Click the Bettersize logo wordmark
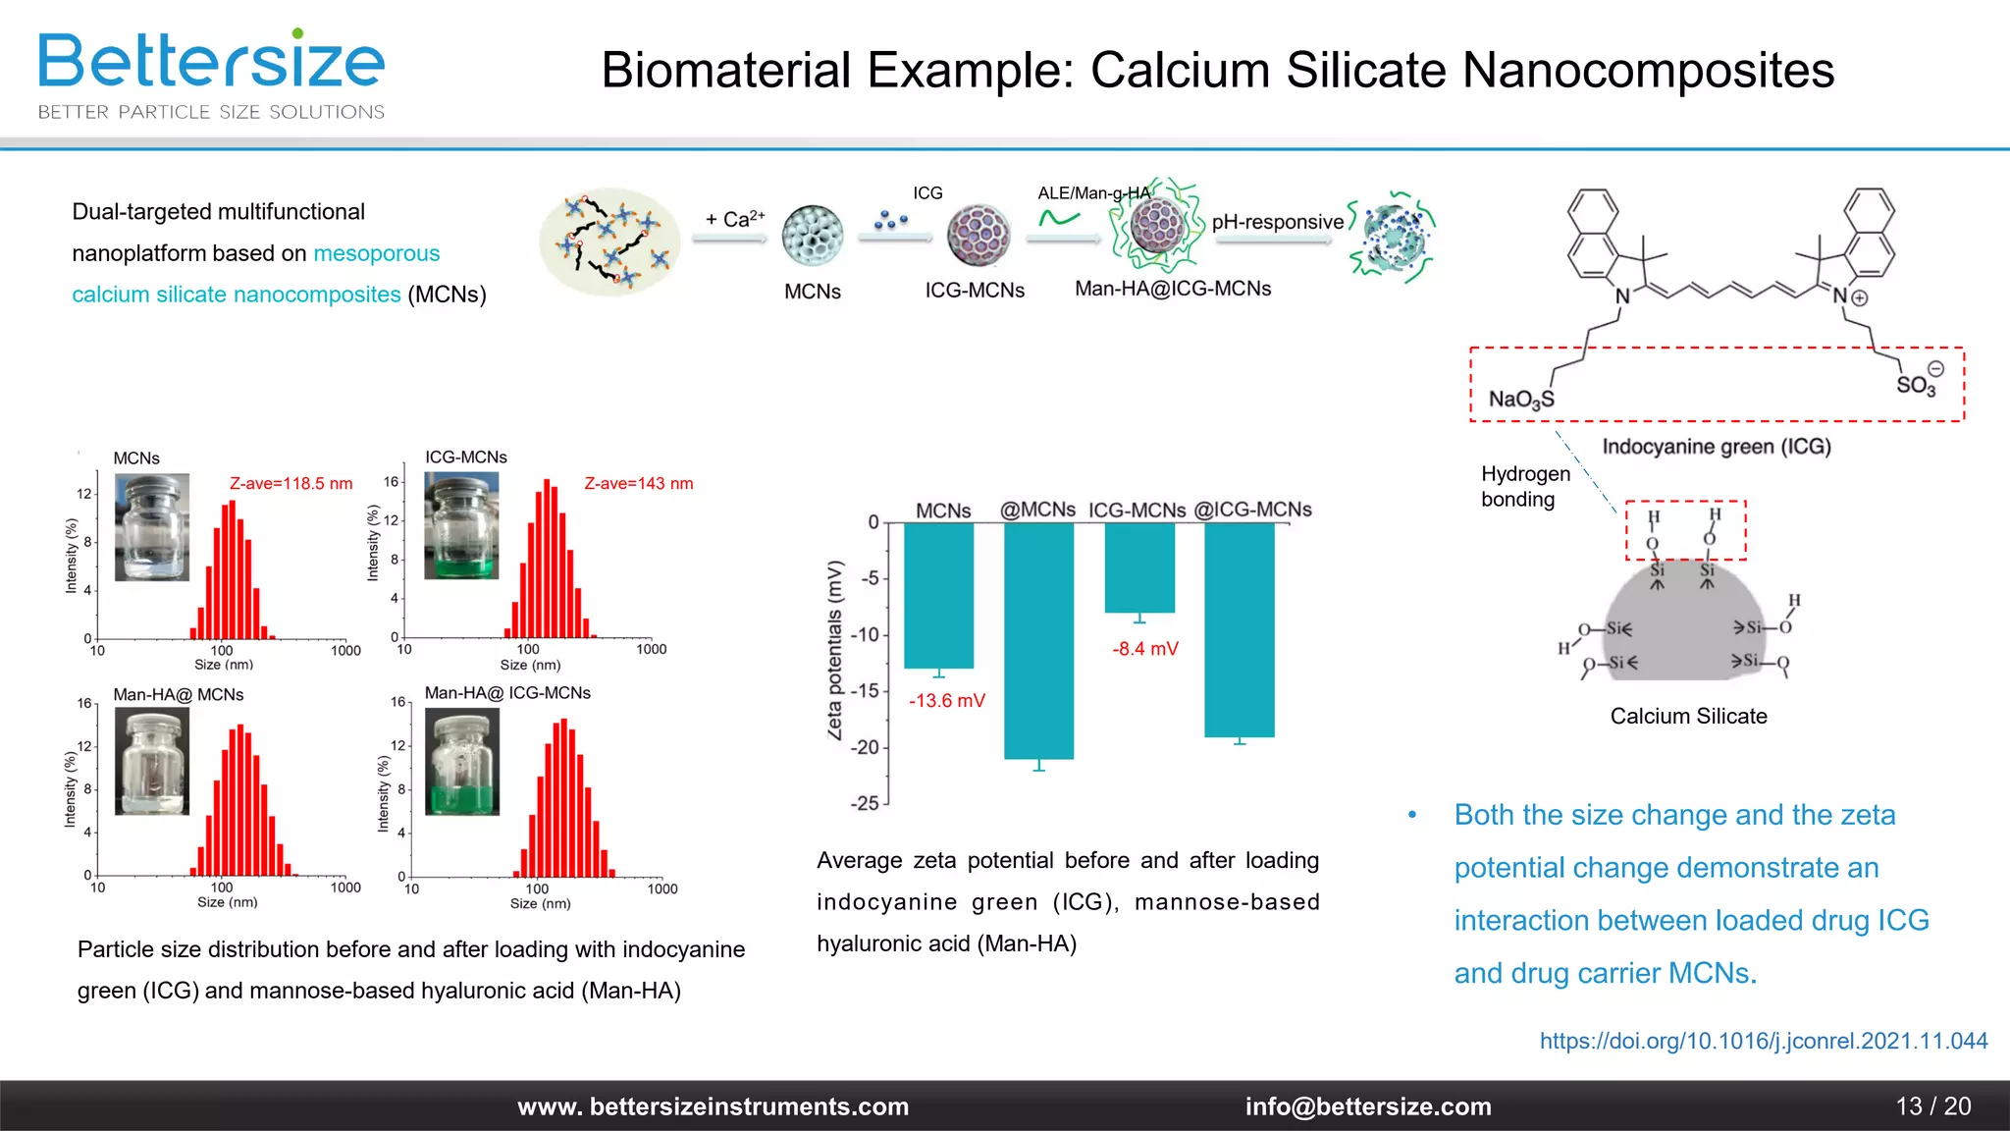tap(211, 61)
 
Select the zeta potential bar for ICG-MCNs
tap(1138, 567)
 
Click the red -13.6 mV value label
tap(946, 701)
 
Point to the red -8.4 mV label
tap(1144, 649)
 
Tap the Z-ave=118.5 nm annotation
tap(291, 484)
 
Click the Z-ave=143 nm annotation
tap(638, 484)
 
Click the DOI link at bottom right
tap(1763, 1041)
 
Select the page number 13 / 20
tap(1932, 1106)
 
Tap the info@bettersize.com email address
tap(1367, 1106)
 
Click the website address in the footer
tap(713, 1106)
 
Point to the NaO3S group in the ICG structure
tap(1520, 399)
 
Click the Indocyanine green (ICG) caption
tap(1716, 447)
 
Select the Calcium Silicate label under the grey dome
tap(1688, 717)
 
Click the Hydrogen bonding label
tap(1524, 487)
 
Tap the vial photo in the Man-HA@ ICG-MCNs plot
tap(462, 762)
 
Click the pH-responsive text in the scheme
tap(1277, 222)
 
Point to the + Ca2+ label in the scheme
tap(734, 219)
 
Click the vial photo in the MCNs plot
tap(151, 527)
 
